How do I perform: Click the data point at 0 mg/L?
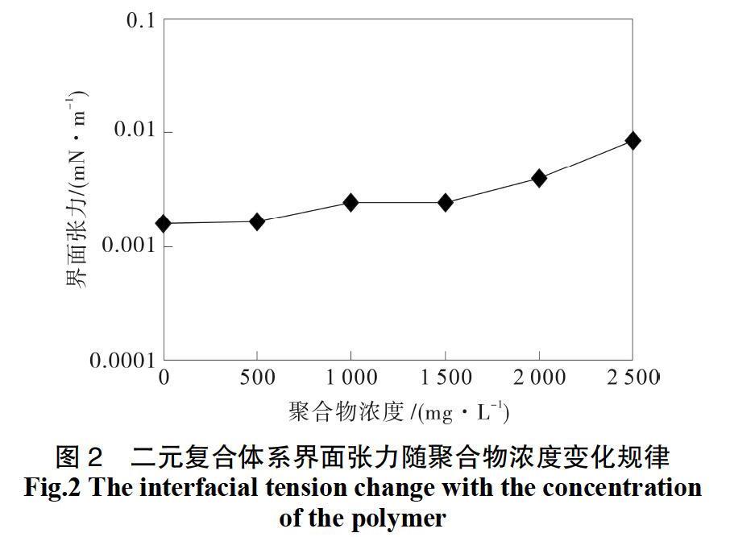(x=164, y=223)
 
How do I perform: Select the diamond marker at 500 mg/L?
(x=257, y=221)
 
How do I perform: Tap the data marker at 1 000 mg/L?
(x=350, y=202)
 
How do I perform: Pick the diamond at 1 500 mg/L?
(x=445, y=202)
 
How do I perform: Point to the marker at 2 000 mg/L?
(x=538, y=178)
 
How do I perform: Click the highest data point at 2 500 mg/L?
(x=633, y=141)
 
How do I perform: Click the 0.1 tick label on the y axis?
(x=140, y=19)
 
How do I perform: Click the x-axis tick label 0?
(x=164, y=378)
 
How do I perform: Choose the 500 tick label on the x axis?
(x=257, y=378)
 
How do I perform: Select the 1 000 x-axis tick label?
(x=351, y=378)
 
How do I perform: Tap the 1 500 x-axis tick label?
(x=445, y=378)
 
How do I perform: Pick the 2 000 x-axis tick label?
(x=539, y=378)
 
